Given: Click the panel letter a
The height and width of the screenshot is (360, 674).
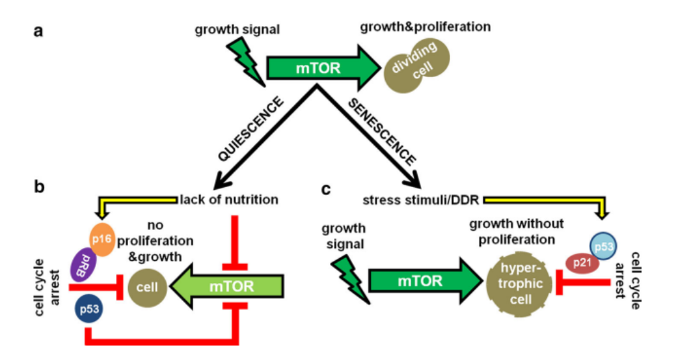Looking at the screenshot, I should (40, 32).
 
